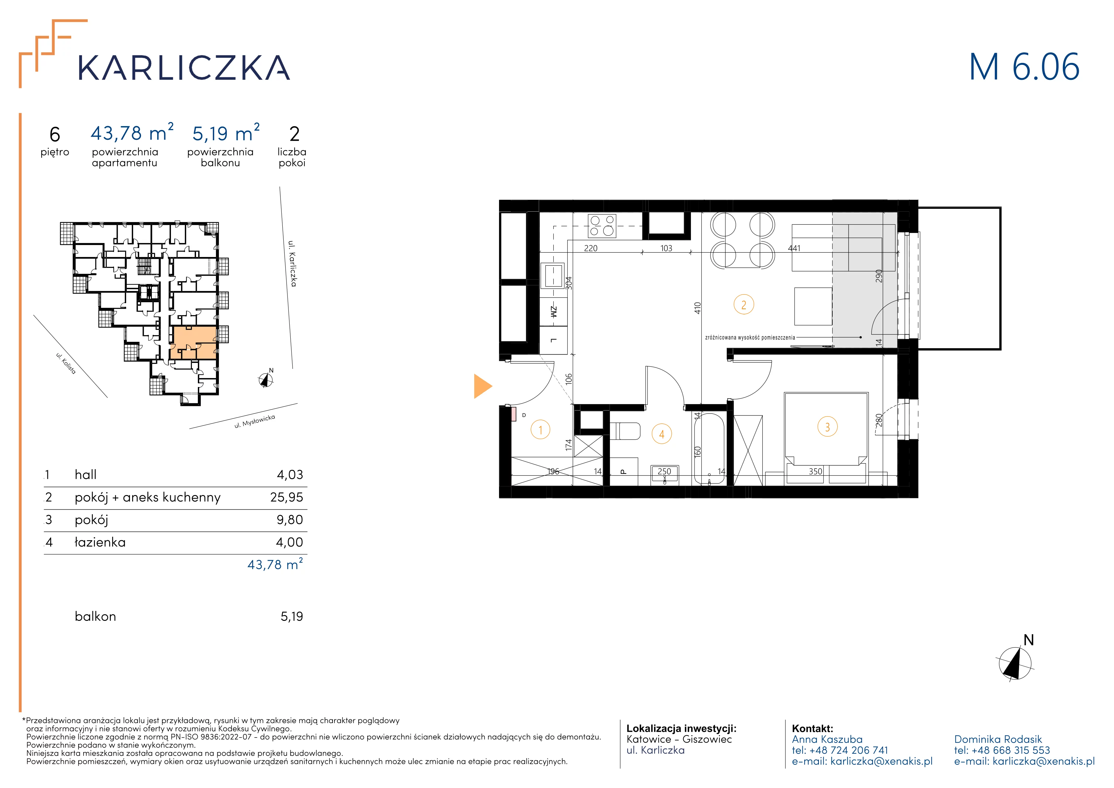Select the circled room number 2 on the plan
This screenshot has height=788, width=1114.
[x=744, y=305]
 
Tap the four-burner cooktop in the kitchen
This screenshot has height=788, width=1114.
[x=602, y=226]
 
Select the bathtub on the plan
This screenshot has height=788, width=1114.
[x=709, y=449]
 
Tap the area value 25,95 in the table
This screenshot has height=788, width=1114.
[x=287, y=497]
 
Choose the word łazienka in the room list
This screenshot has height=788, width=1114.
[x=100, y=542]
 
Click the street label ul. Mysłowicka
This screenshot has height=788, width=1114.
[x=255, y=421]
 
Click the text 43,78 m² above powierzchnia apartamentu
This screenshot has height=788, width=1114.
[x=132, y=133]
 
